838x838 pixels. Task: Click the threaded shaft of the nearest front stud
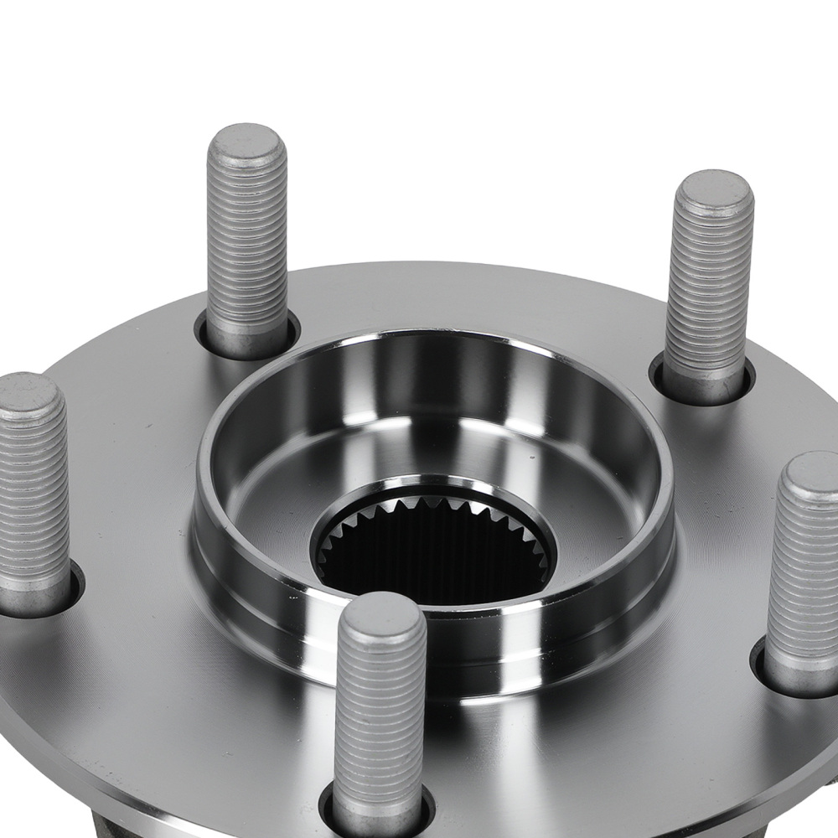point(379,721)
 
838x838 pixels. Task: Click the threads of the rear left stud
point(247,243)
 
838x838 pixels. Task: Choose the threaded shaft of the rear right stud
point(709,285)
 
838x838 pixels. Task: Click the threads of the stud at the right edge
point(804,570)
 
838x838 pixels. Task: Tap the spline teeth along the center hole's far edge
point(436,508)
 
